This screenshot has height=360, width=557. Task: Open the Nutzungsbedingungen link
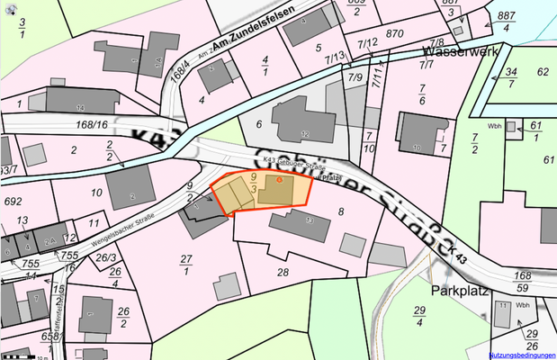(x=523, y=355)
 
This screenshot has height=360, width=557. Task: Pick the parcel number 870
(x=393, y=33)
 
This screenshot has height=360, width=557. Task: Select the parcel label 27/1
(x=186, y=265)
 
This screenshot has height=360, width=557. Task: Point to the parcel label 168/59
(x=521, y=282)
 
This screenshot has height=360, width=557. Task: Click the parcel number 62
(x=543, y=71)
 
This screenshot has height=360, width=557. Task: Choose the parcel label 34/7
(x=510, y=77)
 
